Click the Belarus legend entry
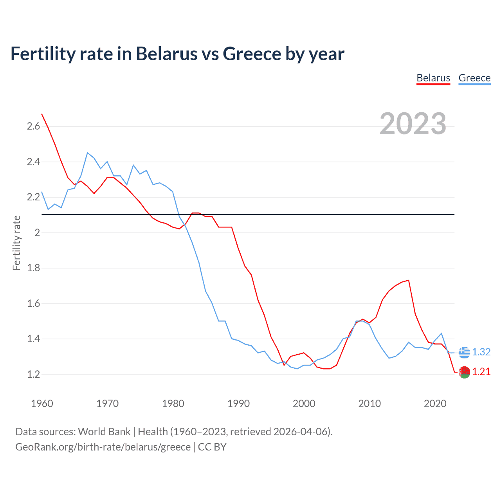coord(433,78)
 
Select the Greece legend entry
coord(474,78)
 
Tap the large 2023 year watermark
coord(413,124)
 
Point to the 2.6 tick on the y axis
coord(33,126)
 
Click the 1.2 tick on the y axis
coord(33,374)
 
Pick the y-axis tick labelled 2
coord(37,232)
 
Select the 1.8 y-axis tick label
coord(33,268)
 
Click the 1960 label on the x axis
coord(42,404)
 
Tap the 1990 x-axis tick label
coord(238,404)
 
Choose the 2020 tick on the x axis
coord(435,404)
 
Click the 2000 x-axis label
coord(304,404)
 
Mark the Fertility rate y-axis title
coord(16,243)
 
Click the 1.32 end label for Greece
coord(481,352)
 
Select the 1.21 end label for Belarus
coord(481,371)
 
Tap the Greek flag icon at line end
coord(464,352)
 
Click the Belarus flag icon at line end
coord(464,372)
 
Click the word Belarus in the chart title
coord(167,54)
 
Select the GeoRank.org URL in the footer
coord(103,447)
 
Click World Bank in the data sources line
coord(104,432)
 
